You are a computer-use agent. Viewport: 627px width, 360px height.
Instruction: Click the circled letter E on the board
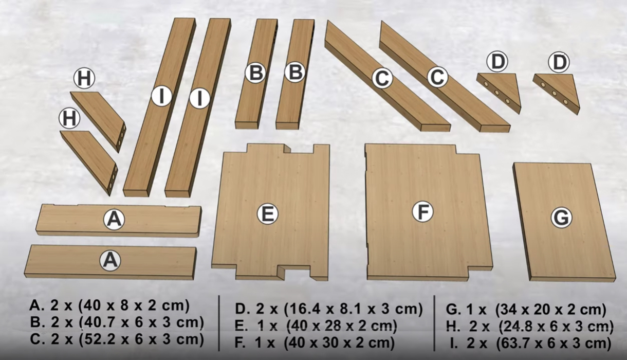(x=268, y=214)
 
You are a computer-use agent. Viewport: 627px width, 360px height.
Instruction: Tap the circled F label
(x=422, y=211)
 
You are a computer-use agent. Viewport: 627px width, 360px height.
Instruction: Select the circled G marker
(x=561, y=218)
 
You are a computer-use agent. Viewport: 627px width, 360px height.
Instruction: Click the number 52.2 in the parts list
(x=99, y=339)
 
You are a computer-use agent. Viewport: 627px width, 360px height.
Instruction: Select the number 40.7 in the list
(x=99, y=322)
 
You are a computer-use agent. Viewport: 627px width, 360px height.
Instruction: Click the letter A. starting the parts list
(x=36, y=305)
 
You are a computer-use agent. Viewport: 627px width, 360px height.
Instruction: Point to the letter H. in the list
(x=453, y=327)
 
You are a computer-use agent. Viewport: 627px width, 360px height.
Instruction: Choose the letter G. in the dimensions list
(x=453, y=309)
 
